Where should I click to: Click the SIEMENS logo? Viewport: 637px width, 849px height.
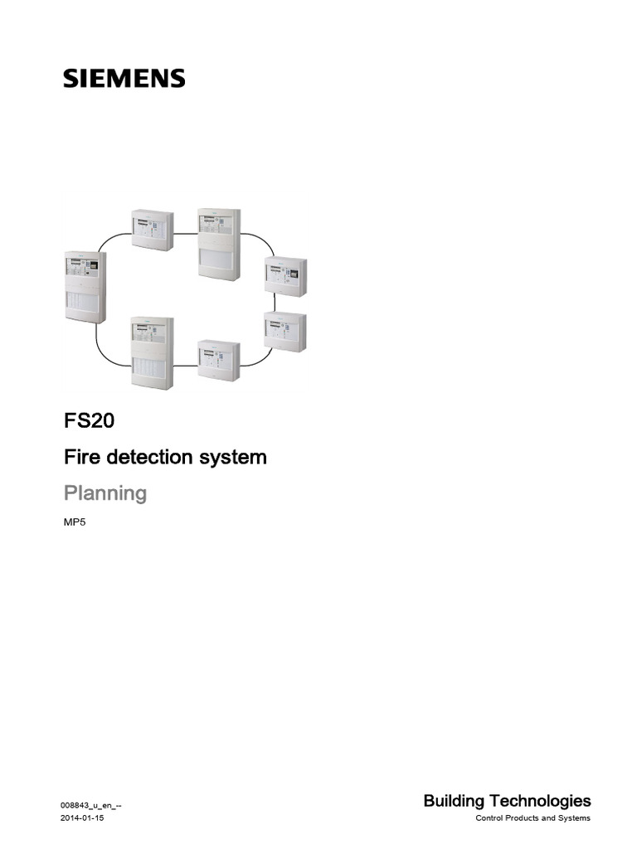click(124, 79)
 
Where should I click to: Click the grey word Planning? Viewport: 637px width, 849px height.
click(105, 493)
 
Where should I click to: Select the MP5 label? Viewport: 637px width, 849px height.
click(75, 524)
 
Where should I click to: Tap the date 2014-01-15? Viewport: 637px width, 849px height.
click(82, 819)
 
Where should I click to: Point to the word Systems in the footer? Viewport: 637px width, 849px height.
click(573, 819)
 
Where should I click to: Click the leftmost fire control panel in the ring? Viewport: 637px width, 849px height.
click(85, 286)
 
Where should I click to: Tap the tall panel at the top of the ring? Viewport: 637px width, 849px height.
click(217, 244)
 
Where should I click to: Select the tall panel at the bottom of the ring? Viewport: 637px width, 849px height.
click(152, 352)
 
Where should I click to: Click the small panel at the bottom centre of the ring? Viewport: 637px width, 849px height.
click(218, 360)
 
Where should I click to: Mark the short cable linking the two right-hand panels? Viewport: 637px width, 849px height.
click(284, 303)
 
